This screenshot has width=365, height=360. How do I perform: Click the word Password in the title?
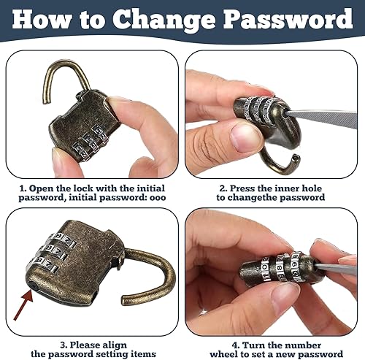coord(288,19)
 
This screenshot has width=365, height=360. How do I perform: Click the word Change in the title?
coord(164,20)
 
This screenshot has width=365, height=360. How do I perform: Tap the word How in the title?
coord(42,19)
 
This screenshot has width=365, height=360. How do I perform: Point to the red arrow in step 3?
coord(23,305)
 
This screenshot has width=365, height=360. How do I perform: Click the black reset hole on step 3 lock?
coord(33,285)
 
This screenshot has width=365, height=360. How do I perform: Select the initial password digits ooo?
coord(158,198)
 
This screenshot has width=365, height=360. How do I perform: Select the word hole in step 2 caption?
coord(312,188)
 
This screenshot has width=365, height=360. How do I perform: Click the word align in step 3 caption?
coord(115,345)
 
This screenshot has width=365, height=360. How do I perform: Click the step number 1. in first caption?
coord(23,188)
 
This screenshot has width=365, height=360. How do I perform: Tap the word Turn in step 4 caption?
coord(253,345)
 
